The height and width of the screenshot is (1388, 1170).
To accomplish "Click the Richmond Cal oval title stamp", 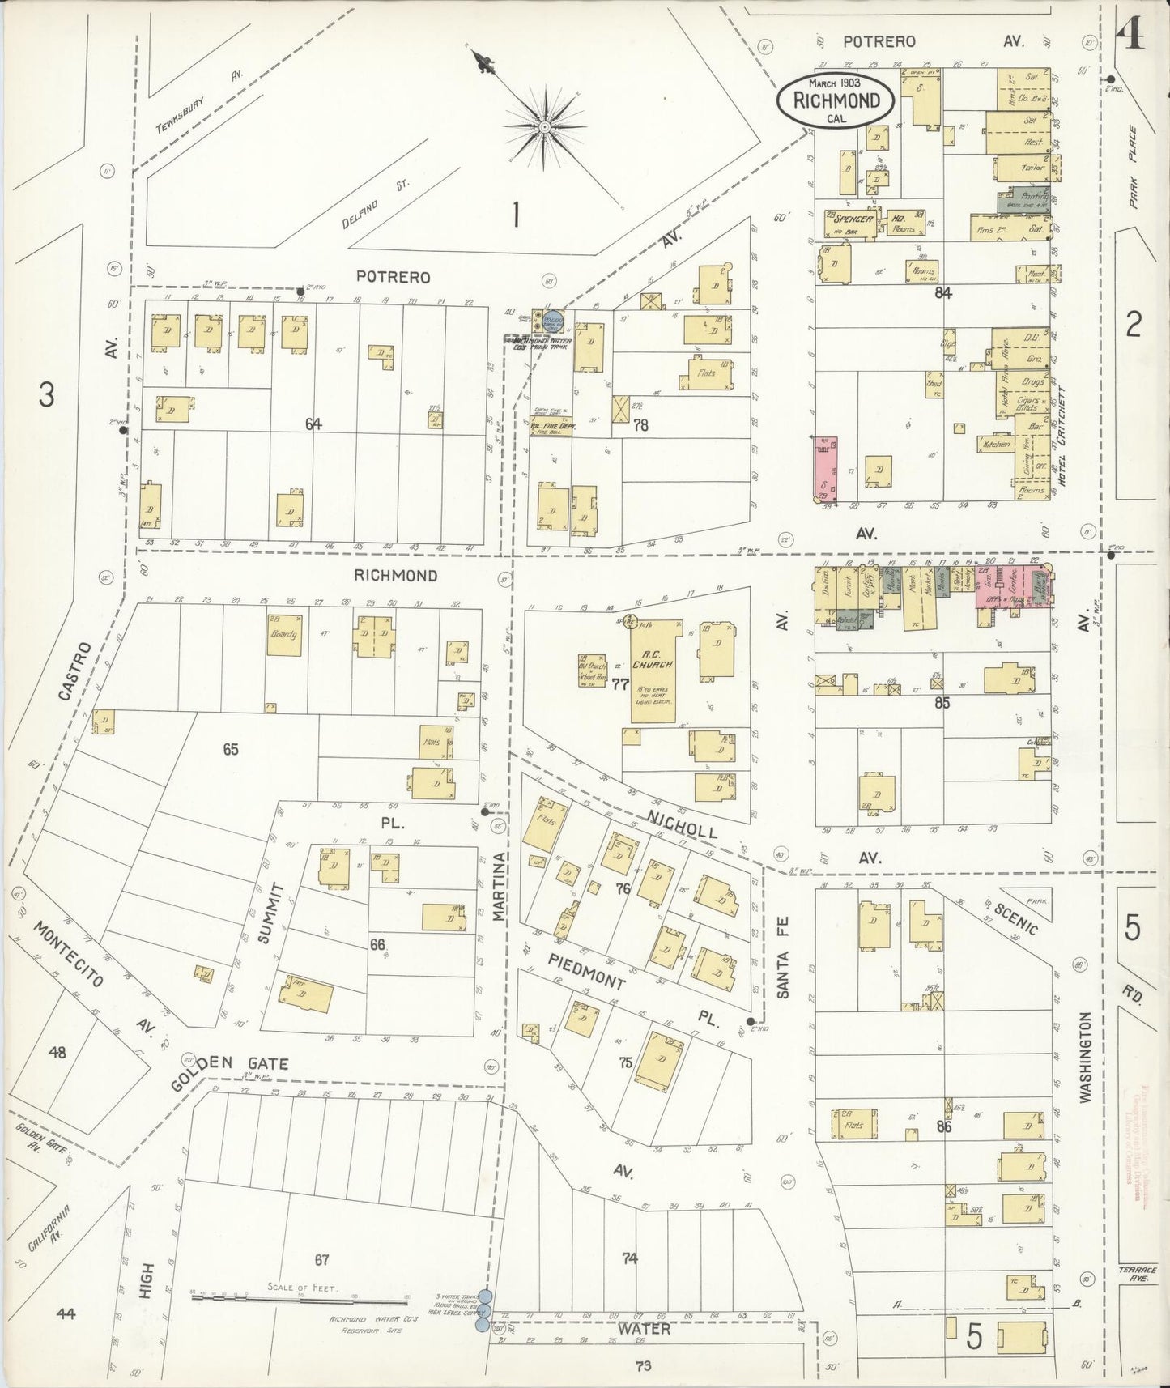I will pyautogui.click(x=835, y=100).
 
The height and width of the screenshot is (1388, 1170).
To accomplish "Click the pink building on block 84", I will pyautogui.click(x=825, y=468).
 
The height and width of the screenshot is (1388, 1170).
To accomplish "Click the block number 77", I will pyautogui.click(x=621, y=684).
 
